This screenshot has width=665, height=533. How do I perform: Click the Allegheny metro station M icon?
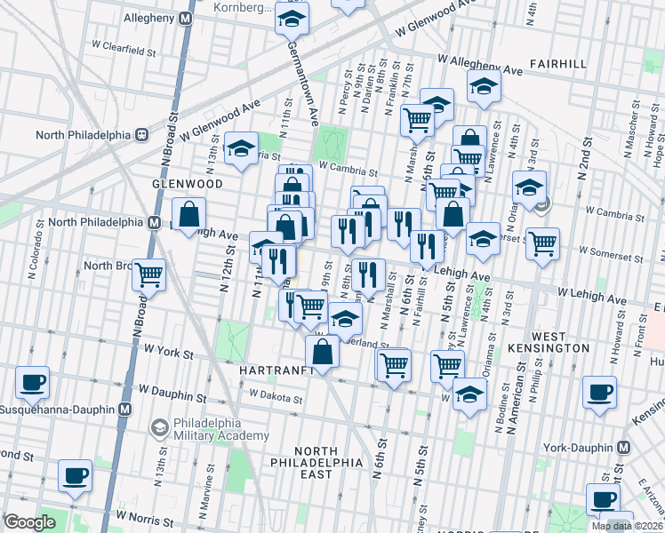(186, 18)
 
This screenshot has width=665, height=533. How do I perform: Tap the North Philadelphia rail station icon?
(140, 135)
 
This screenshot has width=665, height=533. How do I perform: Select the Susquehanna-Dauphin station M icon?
(124, 410)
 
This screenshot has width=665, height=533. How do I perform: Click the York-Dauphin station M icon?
(623, 448)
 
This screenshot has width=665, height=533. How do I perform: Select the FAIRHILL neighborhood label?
(557, 64)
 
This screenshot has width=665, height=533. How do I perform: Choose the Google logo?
(29, 522)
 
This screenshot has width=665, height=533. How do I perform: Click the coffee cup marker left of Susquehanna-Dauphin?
(32, 383)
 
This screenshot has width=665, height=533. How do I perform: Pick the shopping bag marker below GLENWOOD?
(189, 214)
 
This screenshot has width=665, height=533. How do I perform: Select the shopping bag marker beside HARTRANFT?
(324, 352)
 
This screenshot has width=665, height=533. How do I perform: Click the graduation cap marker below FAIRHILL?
(484, 86)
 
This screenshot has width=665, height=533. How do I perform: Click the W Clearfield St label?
(124, 51)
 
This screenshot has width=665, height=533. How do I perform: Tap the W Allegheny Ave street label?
(480, 65)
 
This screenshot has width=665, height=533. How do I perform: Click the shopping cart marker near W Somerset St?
(541, 243)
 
